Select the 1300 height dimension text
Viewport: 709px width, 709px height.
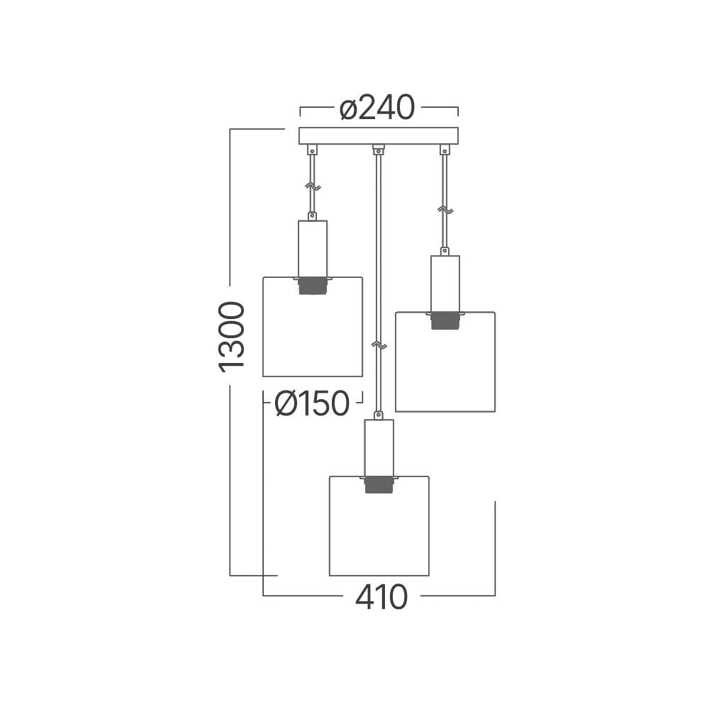(232, 335)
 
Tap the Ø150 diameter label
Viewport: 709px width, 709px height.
(312, 404)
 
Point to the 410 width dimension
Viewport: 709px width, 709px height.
(381, 598)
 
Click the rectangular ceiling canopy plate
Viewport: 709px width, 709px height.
(379, 135)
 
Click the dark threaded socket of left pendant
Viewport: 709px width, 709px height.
(313, 286)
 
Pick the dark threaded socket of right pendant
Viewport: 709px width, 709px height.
(445, 320)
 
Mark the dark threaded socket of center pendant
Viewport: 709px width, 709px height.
(379, 484)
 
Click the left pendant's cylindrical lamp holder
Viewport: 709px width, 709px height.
(313, 248)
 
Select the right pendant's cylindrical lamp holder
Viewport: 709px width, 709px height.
(445, 283)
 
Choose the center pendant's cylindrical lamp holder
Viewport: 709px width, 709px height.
(379, 447)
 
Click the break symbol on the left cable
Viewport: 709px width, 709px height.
(312, 187)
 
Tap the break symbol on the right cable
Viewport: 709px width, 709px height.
(445, 210)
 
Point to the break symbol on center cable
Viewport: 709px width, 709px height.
(379, 345)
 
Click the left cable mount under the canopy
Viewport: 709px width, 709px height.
(312, 150)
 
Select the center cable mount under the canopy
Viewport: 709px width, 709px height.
(379, 149)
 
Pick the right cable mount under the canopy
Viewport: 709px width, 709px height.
(445, 150)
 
